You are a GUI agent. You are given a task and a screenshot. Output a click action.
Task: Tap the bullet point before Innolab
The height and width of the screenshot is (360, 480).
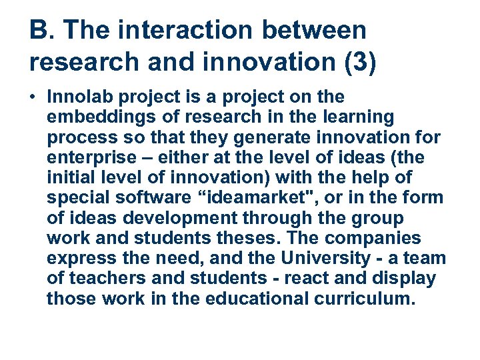(33, 97)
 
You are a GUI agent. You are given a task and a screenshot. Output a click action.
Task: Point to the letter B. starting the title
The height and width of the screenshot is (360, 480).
(40, 31)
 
